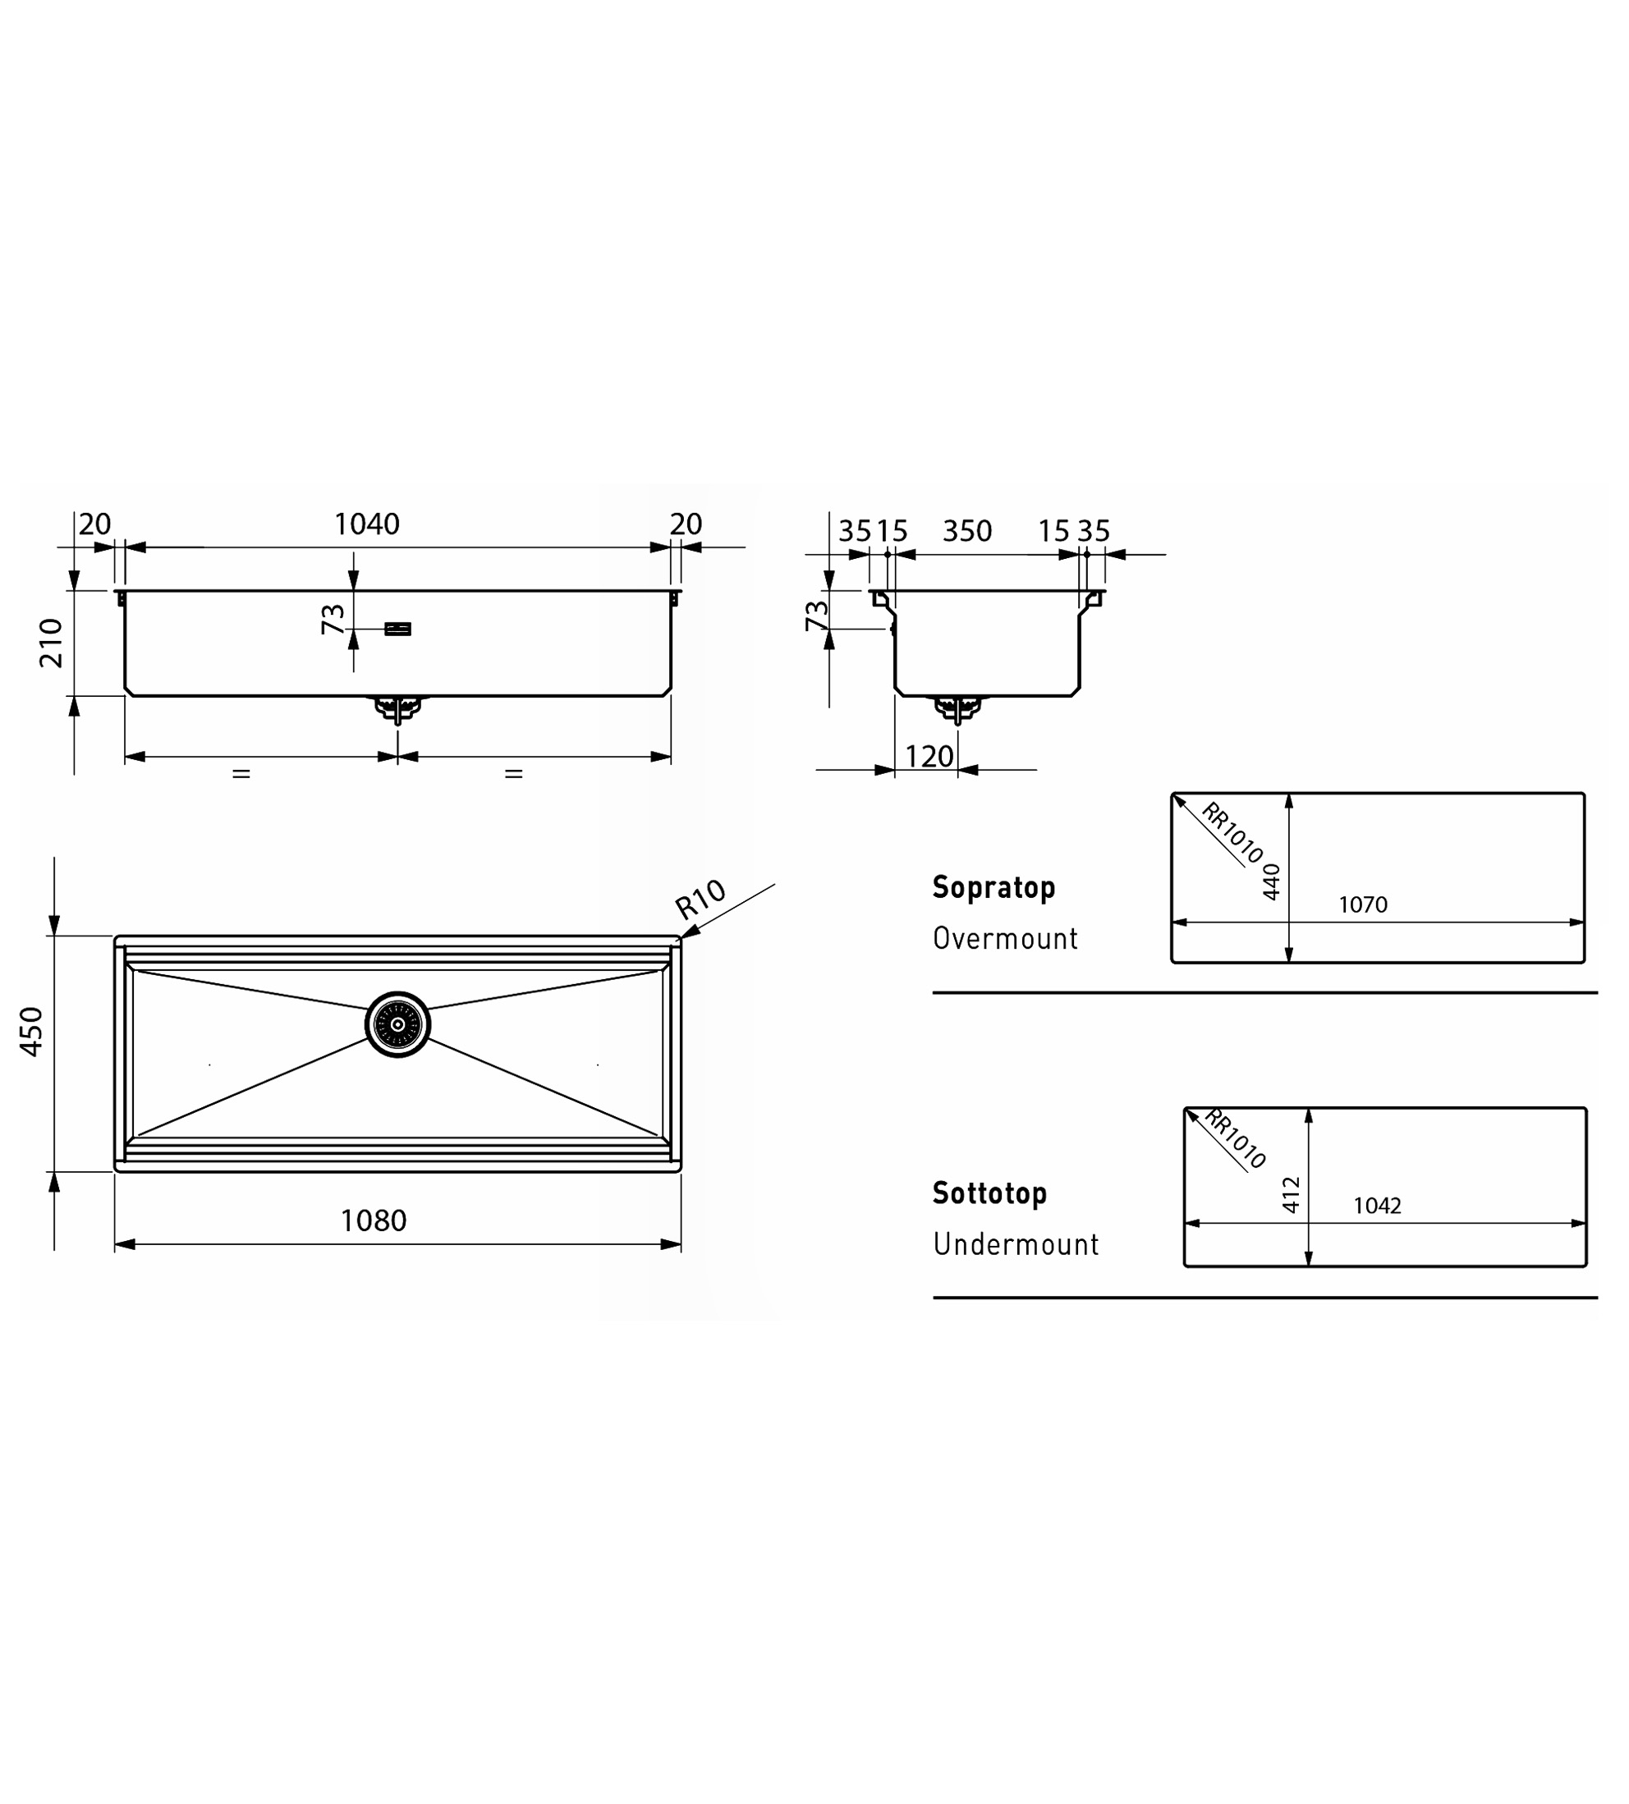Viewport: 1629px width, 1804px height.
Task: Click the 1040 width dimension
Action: [367, 524]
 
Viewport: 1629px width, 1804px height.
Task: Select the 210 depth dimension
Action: [52, 643]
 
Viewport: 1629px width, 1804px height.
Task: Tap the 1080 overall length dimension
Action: [374, 1220]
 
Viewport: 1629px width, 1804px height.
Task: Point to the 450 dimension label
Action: [31, 1032]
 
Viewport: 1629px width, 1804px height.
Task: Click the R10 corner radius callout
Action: [700, 900]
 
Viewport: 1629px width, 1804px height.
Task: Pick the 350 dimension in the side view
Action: [966, 532]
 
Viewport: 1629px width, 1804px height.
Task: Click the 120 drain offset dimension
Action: [929, 757]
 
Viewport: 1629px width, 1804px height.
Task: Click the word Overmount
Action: [1005, 938]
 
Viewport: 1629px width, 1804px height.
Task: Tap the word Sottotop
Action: [989, 1193]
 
